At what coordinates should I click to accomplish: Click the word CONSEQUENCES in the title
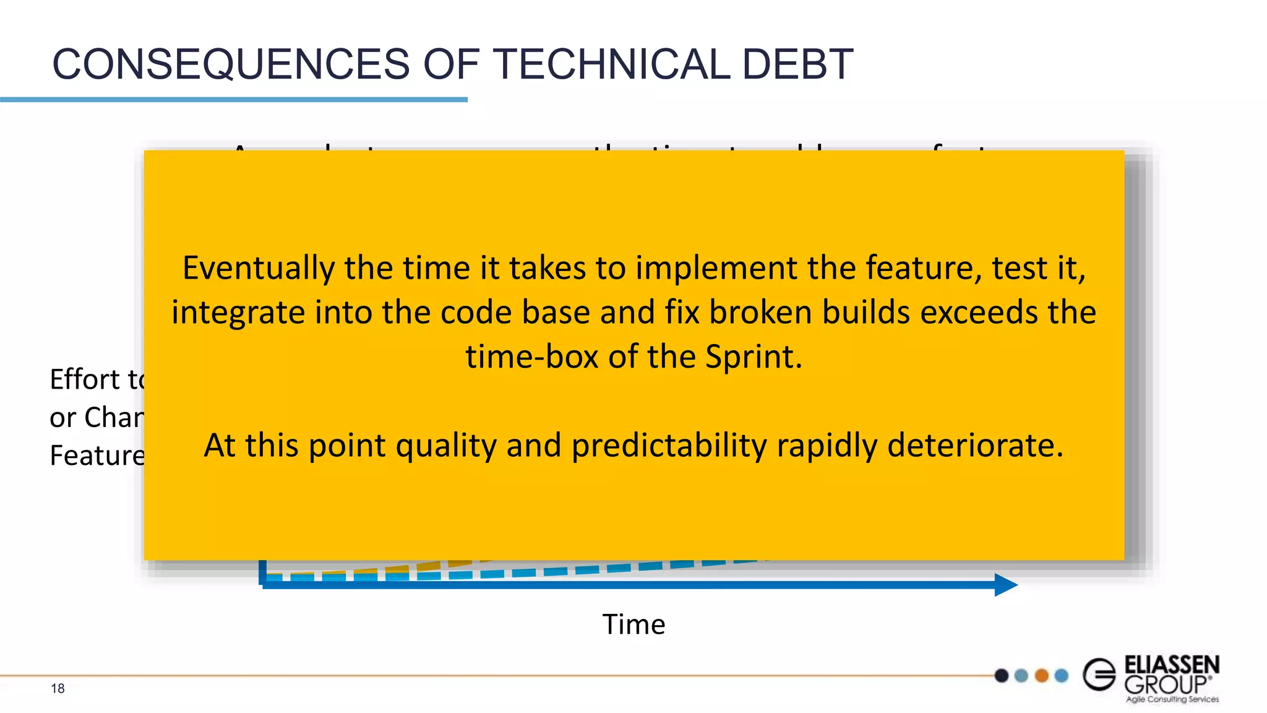tap(231, 64)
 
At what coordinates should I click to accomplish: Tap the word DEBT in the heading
tap(797, 64)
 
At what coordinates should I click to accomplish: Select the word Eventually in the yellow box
tap(258, 269)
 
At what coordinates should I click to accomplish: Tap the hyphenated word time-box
tap(531, 357)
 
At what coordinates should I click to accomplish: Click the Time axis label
tap(633, 624)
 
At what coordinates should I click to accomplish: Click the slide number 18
tap(58, 688)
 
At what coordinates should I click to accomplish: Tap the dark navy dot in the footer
tap(1002, 675)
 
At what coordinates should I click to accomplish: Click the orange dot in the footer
tap(1042, 675)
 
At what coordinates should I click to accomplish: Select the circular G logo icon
tap(1099, 674)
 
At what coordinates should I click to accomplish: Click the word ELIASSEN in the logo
tap(1171, 665)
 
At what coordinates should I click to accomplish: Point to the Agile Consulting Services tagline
tap(1172, 699)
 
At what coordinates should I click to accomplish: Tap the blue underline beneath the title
tap(233, 99)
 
